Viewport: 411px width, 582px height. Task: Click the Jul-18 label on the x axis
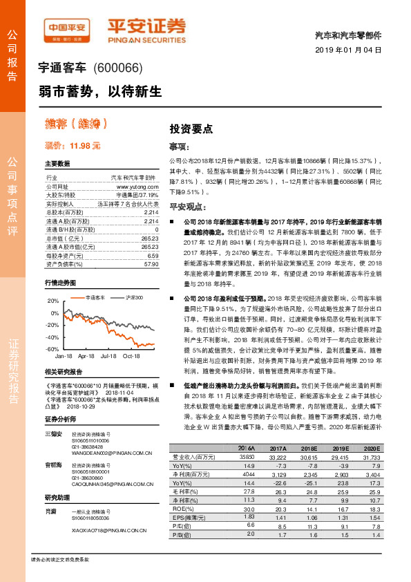108,356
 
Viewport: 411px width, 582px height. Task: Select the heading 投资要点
191,129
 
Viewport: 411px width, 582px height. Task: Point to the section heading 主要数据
57,164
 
